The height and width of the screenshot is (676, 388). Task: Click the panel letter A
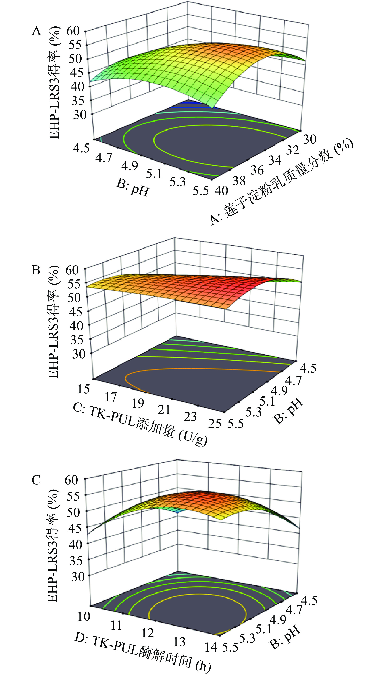coord(37,31)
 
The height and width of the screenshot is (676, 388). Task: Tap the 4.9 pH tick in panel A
coord(130,166)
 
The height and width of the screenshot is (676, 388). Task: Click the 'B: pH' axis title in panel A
coord(132,188)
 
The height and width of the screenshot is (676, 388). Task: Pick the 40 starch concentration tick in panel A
coord(221,191)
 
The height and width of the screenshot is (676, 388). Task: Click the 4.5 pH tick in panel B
coord(308,368)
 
